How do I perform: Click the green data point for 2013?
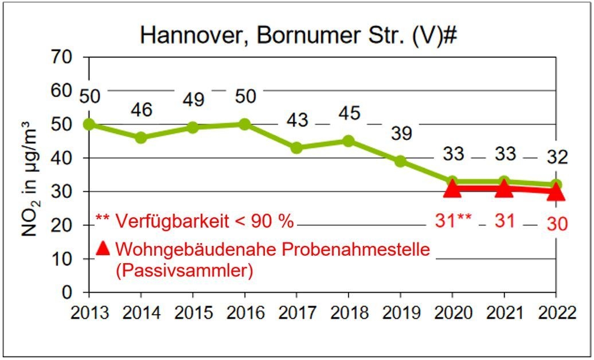click(89, 124)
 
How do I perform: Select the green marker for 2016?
click(244, 124)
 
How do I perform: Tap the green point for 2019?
click(400, 161)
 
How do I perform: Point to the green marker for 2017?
click(296, 147)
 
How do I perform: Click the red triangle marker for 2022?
click(556, 192)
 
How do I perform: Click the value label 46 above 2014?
click(141, 110)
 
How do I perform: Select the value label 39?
click(400, 134)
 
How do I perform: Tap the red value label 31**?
click(452, 221)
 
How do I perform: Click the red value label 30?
click(556, 224)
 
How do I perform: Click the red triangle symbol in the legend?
click(103, 248)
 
